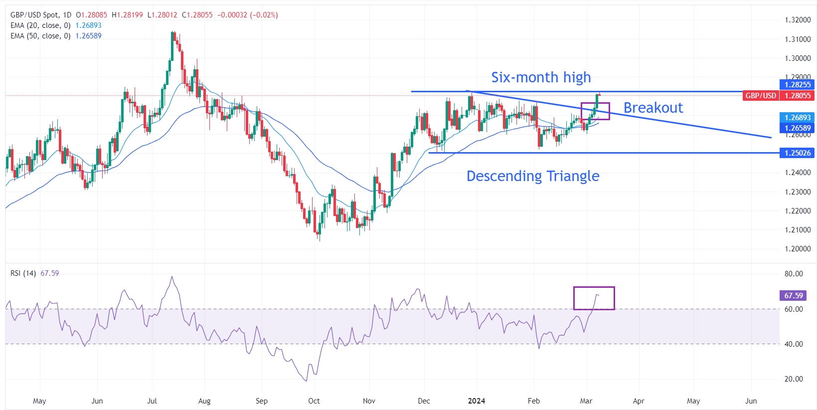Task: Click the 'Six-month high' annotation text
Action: pos(541,77)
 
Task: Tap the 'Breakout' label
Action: pos(653,108)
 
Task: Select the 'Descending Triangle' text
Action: pos(532,176)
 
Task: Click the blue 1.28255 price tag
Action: pos(797,85)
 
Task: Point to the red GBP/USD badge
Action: pos(761,96)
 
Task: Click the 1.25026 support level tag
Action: pos(797,153)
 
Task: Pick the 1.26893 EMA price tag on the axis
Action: pos(797,118)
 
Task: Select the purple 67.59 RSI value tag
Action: pos(793,296)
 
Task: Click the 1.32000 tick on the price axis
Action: pos(798,20)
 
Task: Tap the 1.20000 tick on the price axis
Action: pos(798,249)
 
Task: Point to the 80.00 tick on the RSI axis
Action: pos(794,274)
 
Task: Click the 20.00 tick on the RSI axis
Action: pos(794,379)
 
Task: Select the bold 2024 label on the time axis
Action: pos(477,401)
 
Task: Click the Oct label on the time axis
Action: pos(314,401)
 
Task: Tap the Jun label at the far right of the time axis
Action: pos(751,401)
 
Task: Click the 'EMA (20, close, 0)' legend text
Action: pos(40,25)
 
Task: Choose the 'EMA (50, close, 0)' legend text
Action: pos(40,36)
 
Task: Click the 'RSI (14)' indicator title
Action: pos(23,273)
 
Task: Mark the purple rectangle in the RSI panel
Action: pos(594,298)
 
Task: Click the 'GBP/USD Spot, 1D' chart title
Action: pos(41,15)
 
